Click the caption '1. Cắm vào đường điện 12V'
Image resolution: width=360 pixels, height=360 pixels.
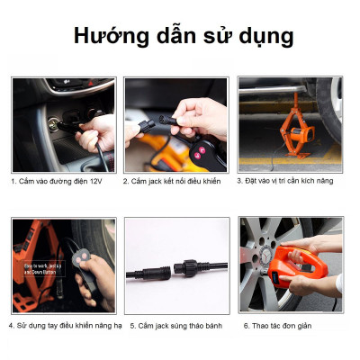coord(58,180)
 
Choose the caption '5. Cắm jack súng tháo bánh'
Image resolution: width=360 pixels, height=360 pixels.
coord(176,325)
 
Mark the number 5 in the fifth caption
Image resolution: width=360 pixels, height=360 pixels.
coord(132,325)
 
